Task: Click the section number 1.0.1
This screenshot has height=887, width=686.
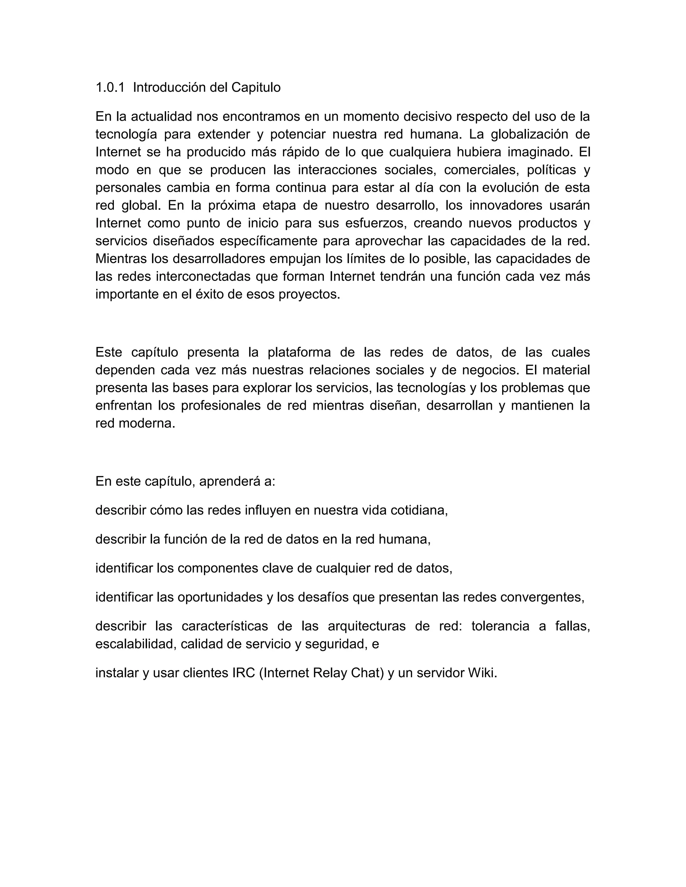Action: (110, 87)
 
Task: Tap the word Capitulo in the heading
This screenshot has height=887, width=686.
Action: (256, 87)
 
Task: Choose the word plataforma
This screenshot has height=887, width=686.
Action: (299, 352)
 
